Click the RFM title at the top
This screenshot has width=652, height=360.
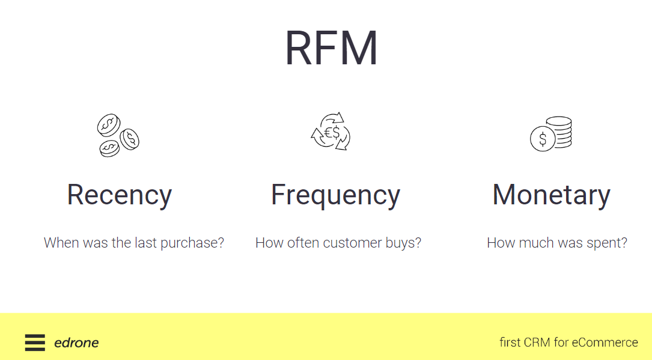pyautogui.click(x=331, y=48)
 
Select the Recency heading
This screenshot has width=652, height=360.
pyautogui.click(x=119, y=195)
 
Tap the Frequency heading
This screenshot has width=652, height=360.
pyautogui.click(x=335, y=195)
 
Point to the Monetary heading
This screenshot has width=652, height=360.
pyautogui.click(x=551, y=195)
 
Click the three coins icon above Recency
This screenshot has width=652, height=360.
pyautogui.click(x=118, y=136)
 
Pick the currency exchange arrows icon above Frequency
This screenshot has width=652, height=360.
pyautogui.click(x=331, y=131)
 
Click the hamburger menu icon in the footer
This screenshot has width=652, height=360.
pyautogui.click(x=35, y=343)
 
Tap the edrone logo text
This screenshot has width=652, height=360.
pyautogui.click(x=76, y=343)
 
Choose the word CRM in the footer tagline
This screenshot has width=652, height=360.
pyautogui.click(x=537, y=343)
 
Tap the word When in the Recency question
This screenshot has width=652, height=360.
pyautogui.click(x=61, y=243)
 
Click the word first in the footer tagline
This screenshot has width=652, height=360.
pyautogui.click(x=510, y=343)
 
